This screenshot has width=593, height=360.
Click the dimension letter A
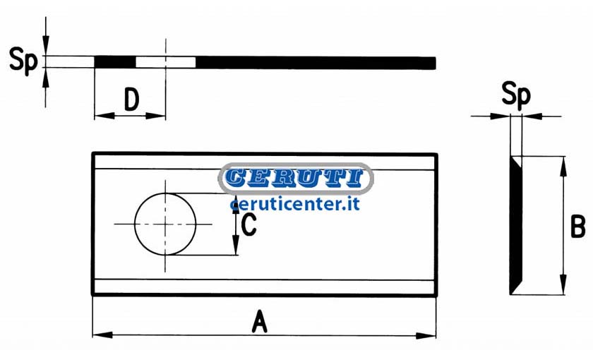(260, 322)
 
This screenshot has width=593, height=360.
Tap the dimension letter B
(577, 227)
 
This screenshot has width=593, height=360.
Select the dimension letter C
(248, 224)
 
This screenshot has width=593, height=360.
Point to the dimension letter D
(131, 100)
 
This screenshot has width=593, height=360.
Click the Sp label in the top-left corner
(23, 60)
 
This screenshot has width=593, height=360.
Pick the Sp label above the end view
(516, 95)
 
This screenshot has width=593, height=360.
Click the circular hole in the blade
(165, 224)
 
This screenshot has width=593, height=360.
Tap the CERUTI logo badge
(296, 178)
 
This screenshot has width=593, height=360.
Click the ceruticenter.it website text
(295, 204)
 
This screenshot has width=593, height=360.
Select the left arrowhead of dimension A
(103, 335)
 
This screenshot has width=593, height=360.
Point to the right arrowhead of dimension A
(426, 335)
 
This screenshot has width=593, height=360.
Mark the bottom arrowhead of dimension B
(563, 284)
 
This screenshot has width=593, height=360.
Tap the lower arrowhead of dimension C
(236, 246)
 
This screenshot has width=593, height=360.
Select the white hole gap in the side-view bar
(166, 62)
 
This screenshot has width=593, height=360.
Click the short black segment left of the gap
(115, 62)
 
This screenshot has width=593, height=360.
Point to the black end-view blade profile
(516, 225)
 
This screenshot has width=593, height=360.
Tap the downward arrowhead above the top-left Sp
(46, 46)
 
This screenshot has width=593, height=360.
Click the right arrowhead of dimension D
(156, 116)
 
